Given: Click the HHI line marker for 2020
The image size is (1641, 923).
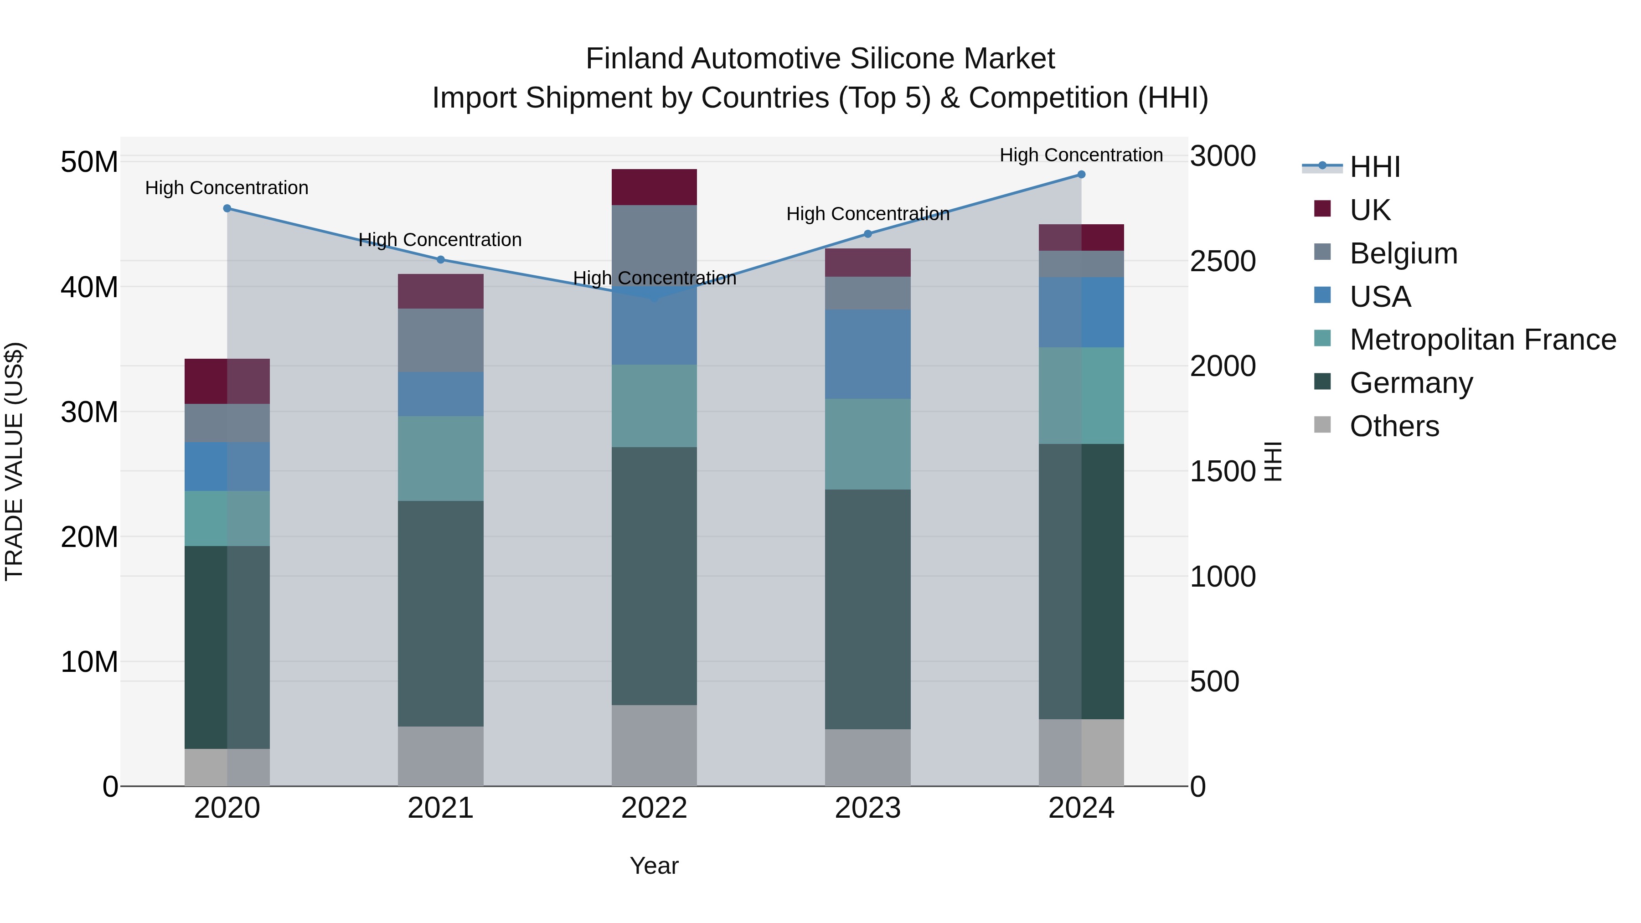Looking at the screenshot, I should coord(227,208).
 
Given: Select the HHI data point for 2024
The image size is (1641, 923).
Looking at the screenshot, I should coord(1081,175).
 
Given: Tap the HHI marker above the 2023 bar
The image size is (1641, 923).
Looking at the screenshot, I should coord(867,234).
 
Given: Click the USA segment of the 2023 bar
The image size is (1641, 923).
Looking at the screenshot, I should coord(867,354).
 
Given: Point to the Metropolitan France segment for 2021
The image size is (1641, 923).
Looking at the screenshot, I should coord(440,458).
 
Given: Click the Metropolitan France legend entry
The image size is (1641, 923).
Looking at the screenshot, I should coord(1482,340).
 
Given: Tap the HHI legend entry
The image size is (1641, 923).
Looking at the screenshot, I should coord(1375,167).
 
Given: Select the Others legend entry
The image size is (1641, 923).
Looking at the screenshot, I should coord(1394,426).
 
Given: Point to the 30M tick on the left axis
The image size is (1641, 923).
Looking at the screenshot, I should coord(89,412).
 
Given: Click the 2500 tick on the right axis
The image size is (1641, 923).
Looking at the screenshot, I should coord(1223,261).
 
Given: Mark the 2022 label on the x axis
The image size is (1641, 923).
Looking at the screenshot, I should coord(654,808).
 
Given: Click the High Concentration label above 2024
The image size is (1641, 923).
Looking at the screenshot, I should coord(1081,155).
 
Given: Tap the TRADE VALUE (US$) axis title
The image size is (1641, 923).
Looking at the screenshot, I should coord(14,461).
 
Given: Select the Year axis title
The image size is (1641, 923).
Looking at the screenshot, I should coord(654,866).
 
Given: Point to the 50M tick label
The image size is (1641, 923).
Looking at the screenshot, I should coord(89,162).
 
